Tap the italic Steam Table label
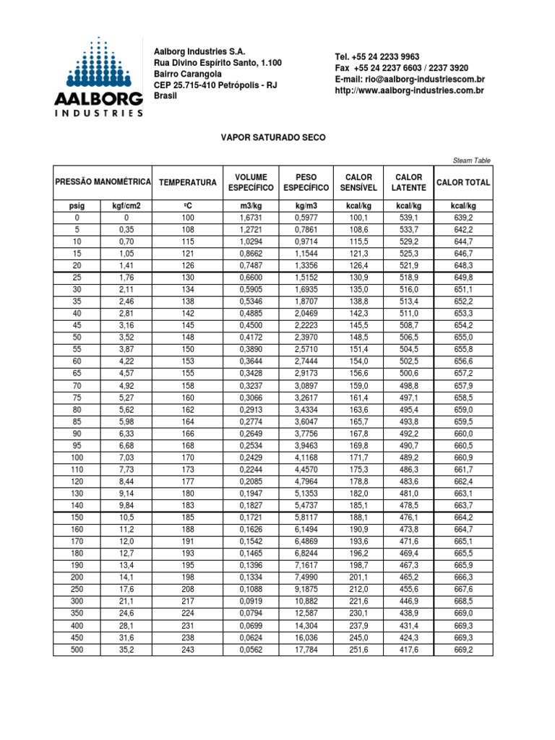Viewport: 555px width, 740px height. point(473,160)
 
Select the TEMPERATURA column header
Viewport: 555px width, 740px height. point(188,183)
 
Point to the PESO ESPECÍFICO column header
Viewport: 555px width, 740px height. point(306,183)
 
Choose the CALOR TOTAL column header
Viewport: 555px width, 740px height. point(463,183)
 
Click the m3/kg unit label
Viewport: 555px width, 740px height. point(248,206)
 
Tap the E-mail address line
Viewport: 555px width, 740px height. point(409,79)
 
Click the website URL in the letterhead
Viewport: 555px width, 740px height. point(409,90)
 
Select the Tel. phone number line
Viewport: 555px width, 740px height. point(377,56)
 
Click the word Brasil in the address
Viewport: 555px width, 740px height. point(166,95)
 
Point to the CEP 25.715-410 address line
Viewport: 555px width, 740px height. point(216,85)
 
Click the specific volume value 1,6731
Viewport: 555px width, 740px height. point(248,218)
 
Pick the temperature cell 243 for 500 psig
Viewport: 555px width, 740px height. point(188,650)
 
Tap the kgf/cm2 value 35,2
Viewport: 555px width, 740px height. point(126,650)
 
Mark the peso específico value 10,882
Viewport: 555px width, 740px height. point(306,602)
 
